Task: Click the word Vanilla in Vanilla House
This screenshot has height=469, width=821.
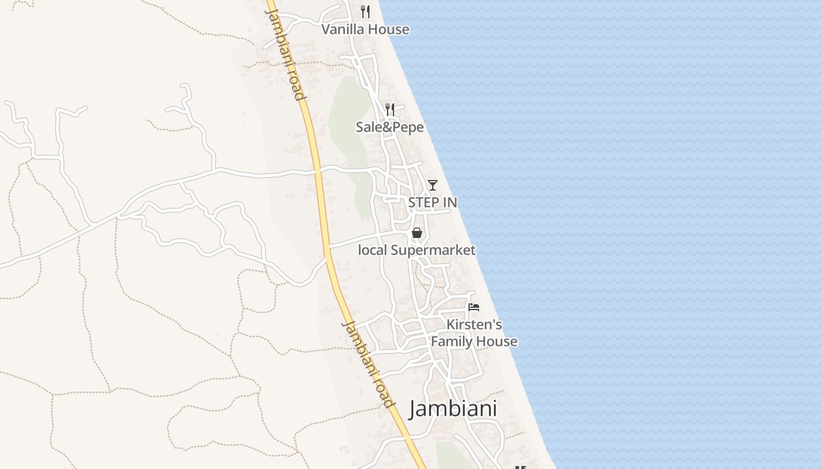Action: click(342, 29)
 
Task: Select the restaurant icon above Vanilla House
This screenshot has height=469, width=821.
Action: click(365, 11)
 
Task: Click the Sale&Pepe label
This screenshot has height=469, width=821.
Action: click(389, 127)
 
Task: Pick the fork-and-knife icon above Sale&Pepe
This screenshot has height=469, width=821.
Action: click(389, 108)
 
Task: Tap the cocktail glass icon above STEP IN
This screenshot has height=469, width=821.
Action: click(433, 185)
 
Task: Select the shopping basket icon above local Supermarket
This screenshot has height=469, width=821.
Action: click(417, 233)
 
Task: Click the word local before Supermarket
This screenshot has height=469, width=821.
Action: click(372, 250)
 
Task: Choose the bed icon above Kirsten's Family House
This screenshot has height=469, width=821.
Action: click(474, 307)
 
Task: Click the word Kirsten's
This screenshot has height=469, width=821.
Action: click(474, 324)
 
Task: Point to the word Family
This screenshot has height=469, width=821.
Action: click(453, 341)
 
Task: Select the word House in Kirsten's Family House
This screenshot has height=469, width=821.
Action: click(497, 341)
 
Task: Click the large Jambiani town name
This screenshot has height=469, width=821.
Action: click(453, 409)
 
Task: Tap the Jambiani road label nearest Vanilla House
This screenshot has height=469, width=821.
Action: click(286, 53)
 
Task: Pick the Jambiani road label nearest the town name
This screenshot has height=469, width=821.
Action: click(368, 363)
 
